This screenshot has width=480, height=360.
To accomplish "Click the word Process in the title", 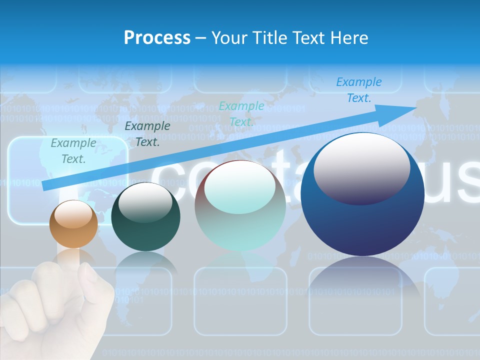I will click(157, 37).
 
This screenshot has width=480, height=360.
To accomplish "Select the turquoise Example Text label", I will click(241, 114).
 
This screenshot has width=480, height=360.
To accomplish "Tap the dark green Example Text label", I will click(147, 134).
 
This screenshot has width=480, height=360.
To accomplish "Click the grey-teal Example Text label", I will click(73, 151).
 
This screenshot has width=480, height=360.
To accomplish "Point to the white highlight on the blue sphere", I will click(361, 167).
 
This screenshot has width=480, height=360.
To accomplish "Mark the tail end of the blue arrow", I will click(44, 186).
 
